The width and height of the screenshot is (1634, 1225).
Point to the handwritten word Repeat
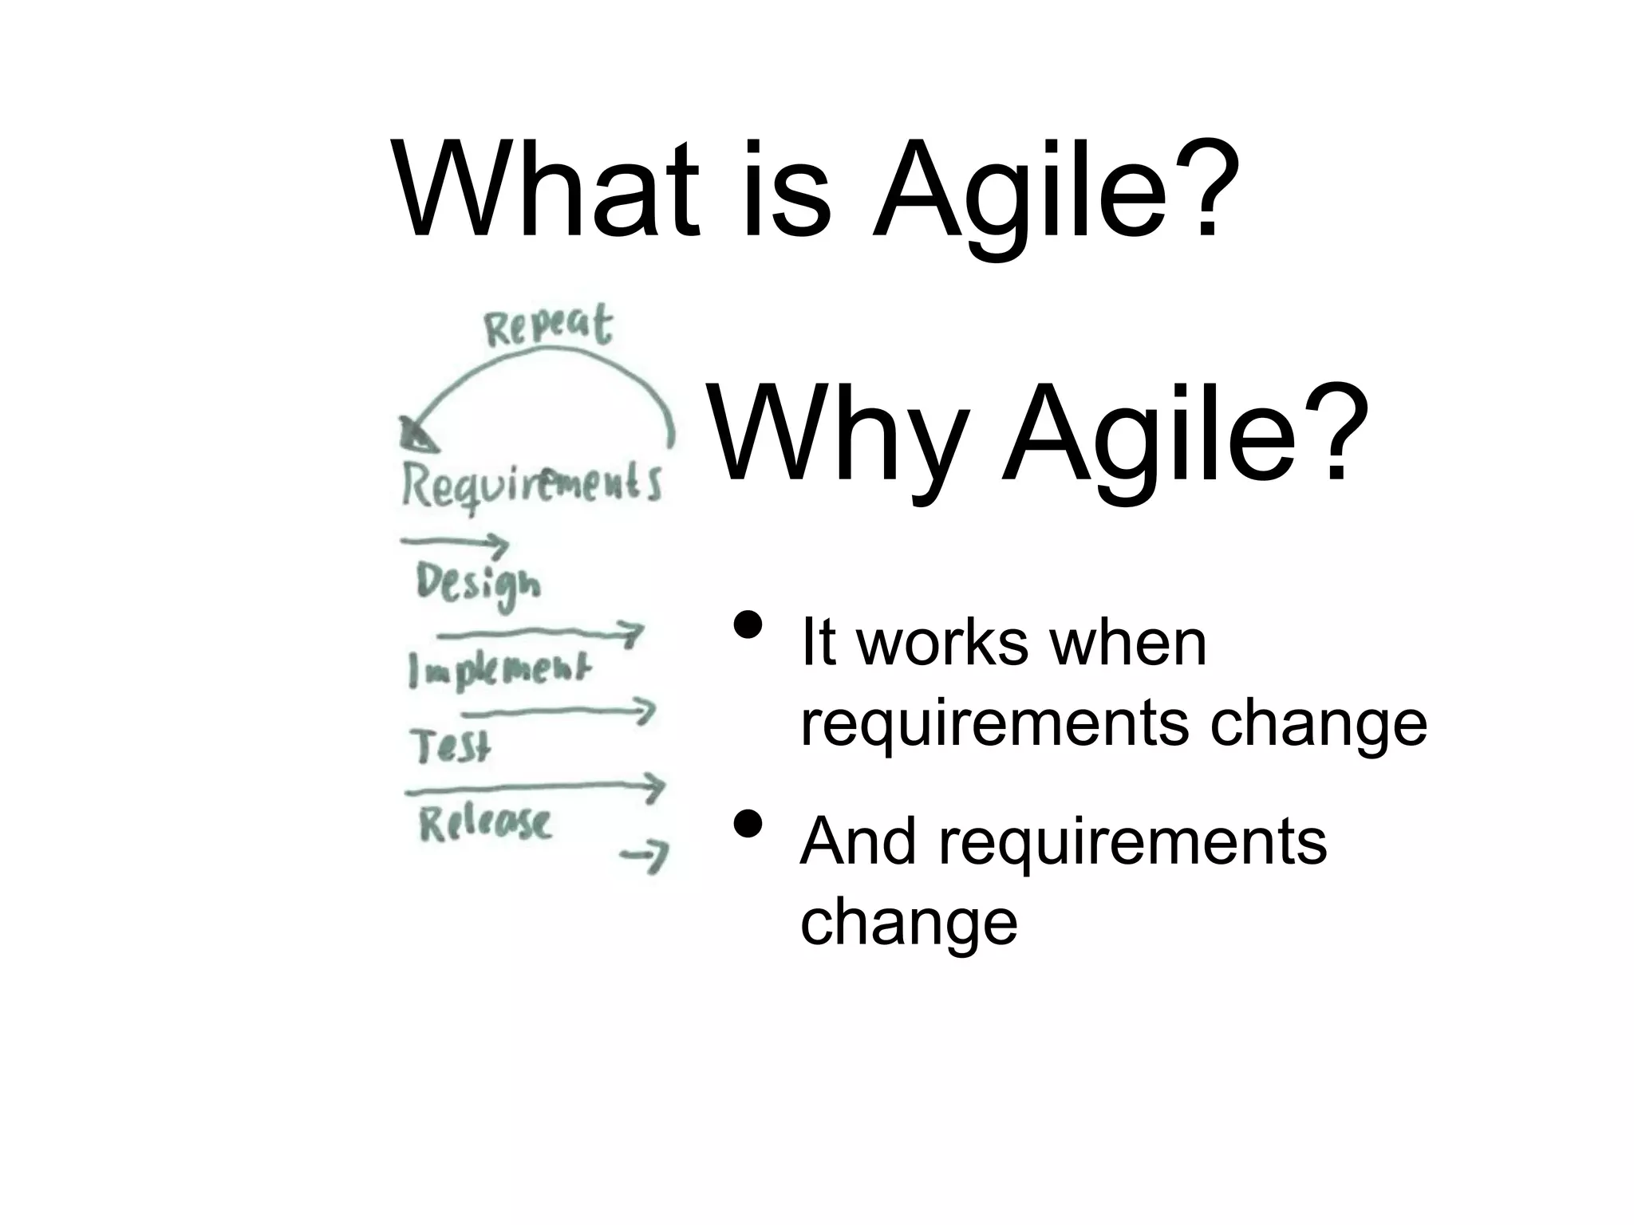pos(548,327)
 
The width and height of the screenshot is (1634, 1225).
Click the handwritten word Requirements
pos(531,485)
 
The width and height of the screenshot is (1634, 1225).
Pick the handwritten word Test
pos(451,746)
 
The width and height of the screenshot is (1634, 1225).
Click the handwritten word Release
pos(485,823)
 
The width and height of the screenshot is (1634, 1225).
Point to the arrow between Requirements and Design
pos(455,544)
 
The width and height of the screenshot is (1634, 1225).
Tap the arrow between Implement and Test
pos(558,711)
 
